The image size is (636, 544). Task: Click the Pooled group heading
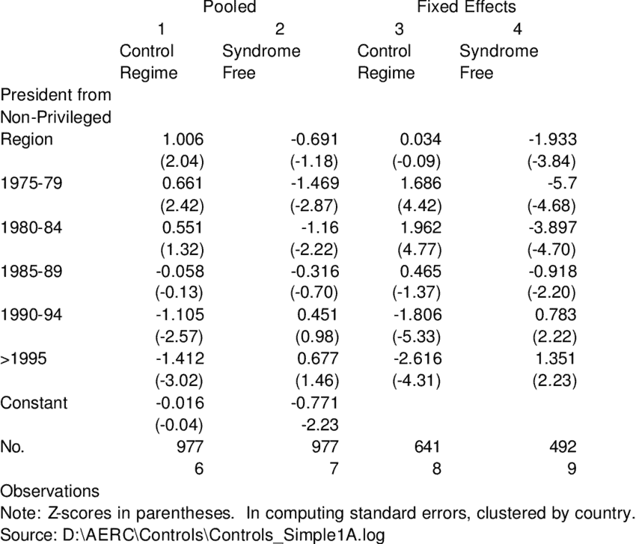click(x=230, y=7)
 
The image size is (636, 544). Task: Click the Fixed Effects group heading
click(x=466, y=7)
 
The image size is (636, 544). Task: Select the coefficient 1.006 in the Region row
click(x=183, y=139)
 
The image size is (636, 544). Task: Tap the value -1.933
click(x=552, y=139)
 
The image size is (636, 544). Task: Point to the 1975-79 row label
click(x=31, y=183)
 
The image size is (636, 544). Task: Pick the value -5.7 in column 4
click(x=562, y=183)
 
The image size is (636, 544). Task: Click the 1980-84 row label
click(x=31, y=227)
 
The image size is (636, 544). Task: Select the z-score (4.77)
click(x=420, y=249)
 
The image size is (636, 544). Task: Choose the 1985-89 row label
click(x=31, y=271)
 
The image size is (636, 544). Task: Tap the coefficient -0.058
click(x=180, y=271)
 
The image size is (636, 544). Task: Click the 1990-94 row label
click(x=31, y=315)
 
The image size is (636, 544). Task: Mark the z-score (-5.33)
click(x=417, y=337)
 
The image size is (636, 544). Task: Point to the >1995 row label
click(x=23, y=358)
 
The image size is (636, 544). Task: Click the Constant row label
click(x=34, y=403)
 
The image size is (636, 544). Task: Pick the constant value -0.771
click(x=315, y=403)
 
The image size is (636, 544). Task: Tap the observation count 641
click(x=427, y=447)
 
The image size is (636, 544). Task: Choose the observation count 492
click(x=563, y=447)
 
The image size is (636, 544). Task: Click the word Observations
click(x=50, y=491)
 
